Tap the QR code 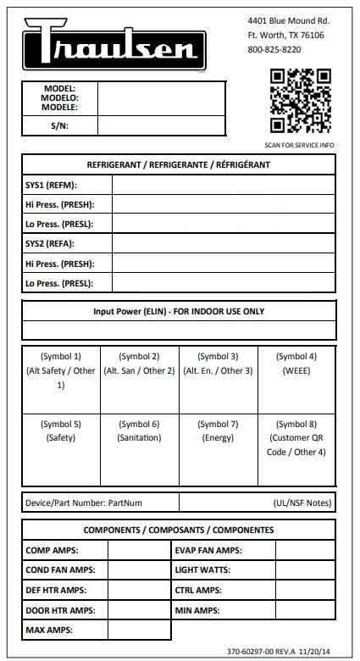301,100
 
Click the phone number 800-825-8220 274,50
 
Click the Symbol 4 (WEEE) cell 296,380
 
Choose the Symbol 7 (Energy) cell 218,450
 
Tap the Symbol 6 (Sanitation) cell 139,450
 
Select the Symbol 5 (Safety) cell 61,450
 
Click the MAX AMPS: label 49,630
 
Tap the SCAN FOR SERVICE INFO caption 299,145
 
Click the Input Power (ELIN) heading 179,312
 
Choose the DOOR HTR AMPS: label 59,610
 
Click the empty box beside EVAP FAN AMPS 305,550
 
